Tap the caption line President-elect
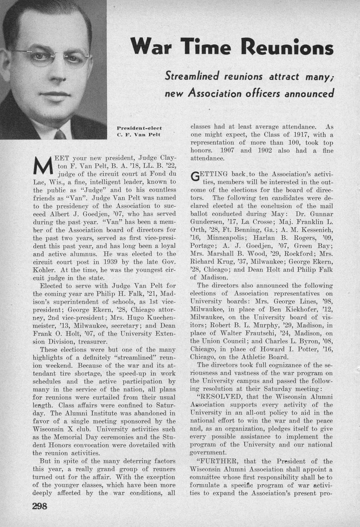pos(139,128)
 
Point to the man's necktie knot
pos(60,134)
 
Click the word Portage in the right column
pos(202,246)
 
